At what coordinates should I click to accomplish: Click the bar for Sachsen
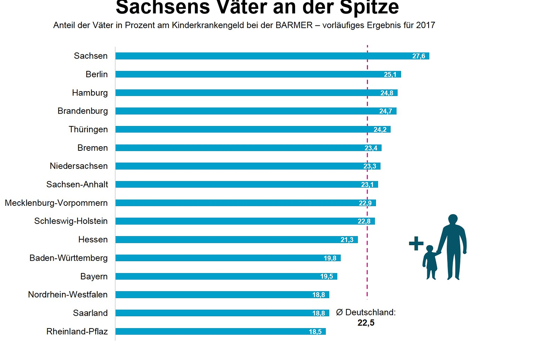262,56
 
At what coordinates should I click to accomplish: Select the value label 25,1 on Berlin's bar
390,75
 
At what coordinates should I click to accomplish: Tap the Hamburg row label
90,93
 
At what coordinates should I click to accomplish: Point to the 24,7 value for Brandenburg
385,111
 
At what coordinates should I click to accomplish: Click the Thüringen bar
244,129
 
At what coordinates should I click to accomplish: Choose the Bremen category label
92,148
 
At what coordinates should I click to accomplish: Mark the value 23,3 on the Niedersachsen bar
370,166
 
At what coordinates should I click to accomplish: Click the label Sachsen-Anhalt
77,184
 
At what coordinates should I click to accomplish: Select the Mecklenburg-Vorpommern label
56,203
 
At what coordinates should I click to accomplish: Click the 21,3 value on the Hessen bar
347,240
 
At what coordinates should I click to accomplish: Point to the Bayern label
94,276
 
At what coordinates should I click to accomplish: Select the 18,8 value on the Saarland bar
319,313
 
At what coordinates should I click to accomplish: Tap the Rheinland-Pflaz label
77,331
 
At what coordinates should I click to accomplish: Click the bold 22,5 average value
366,323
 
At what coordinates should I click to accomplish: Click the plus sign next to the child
416,243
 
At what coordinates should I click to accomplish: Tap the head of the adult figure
453,219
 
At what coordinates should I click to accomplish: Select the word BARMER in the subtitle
294,25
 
